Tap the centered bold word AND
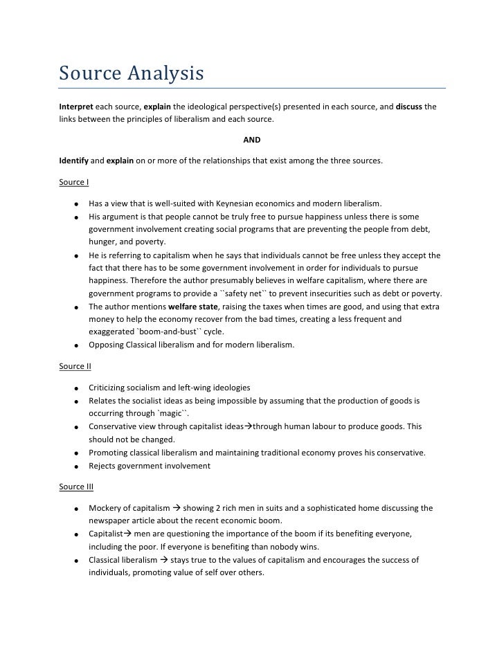[252, 140]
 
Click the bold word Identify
[73, 161]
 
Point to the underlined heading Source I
[74, 183]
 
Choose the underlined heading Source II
[75, 365]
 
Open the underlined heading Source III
[76, 487]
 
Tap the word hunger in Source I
[102, 242]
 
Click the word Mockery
[106, 508]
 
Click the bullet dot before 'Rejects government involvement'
[73, 466]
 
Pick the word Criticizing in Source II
[110, 387]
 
